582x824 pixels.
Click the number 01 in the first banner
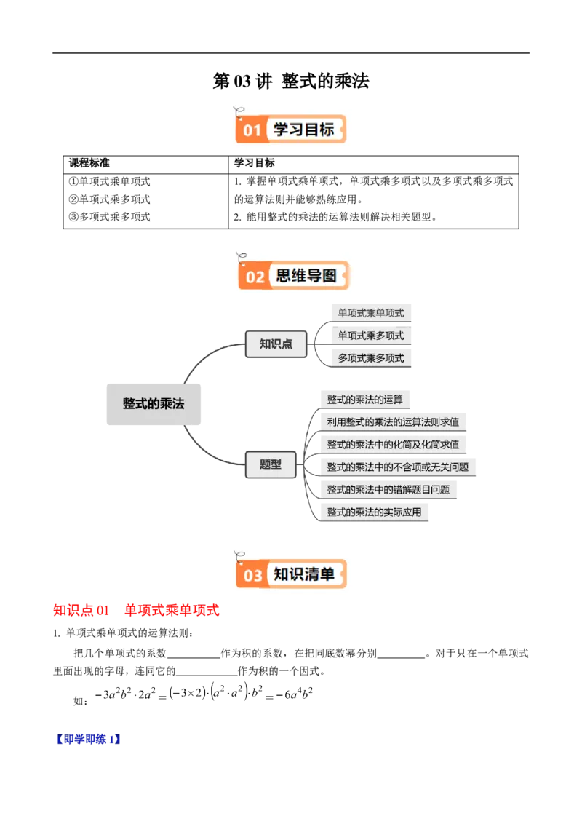point(252,131)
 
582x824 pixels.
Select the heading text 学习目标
point(303,130)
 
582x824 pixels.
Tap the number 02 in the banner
point(255,277)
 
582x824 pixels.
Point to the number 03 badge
point(252,576)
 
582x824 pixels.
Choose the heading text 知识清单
point(303,574)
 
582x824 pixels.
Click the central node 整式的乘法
point(154,404)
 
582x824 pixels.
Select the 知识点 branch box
point(276,344)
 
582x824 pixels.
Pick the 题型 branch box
point(271,464)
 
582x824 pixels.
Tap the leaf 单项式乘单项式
point(370,314)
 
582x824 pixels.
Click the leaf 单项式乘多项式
point(370,336)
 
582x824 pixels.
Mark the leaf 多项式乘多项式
point(370,357)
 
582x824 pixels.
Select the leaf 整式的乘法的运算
point(365,400)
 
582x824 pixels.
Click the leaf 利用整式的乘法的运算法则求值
point(393,421)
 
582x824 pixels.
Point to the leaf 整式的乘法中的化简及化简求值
point(393,444)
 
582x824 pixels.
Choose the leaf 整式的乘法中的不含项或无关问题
point(397,467)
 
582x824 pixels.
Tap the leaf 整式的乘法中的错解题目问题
point(388,489)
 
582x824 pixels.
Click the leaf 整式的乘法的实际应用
point(374,512)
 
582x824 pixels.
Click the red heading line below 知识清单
point(136,610)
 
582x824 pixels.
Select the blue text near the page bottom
point(87,740)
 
